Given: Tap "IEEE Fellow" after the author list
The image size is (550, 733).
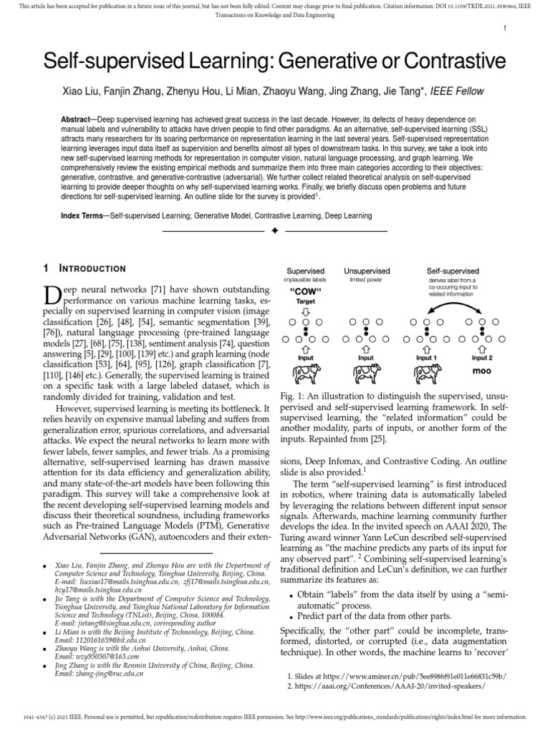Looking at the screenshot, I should [455, 91].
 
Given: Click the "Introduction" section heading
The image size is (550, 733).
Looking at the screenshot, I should [93, 268].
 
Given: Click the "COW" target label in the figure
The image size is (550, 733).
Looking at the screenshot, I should [305, 292].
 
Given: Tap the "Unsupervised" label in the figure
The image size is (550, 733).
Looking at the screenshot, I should [367, 271].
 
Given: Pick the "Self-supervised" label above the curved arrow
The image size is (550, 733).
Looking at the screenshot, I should [453, 271].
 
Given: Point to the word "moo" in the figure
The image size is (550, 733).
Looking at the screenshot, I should [482, 372].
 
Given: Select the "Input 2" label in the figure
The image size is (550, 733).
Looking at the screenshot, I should [482, 357].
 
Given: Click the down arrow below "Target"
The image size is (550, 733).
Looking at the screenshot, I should [306, 312].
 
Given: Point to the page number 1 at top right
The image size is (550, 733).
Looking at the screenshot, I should [506, 28].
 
